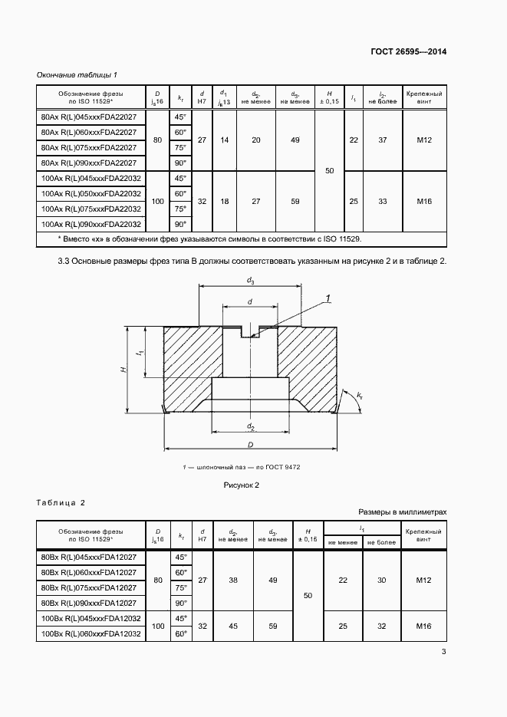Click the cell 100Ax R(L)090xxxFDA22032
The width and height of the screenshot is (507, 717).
[x=91, y=224]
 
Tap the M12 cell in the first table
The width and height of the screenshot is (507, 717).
[x=425, y=140]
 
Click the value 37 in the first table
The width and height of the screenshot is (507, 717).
[x=382, y=140]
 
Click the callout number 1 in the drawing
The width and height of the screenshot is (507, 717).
[x=327, y=298]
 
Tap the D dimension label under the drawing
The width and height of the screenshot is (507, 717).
[x=250, y=444]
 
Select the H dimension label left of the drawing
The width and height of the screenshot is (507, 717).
[x=123, y=370]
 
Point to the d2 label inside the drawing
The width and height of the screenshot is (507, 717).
[x=251, y=426]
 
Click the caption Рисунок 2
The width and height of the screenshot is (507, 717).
[x=242, y=485]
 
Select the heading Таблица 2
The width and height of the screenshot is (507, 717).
[x=61, y=503]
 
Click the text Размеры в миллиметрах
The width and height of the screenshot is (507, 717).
[x=402, y=511]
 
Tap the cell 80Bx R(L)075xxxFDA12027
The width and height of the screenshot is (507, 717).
[x=88, y=588]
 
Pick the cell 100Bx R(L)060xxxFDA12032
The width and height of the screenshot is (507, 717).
[x=91, y=633]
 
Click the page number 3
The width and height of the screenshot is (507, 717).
[x=443, y=653]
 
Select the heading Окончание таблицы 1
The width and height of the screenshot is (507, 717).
[x=77, y=74]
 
